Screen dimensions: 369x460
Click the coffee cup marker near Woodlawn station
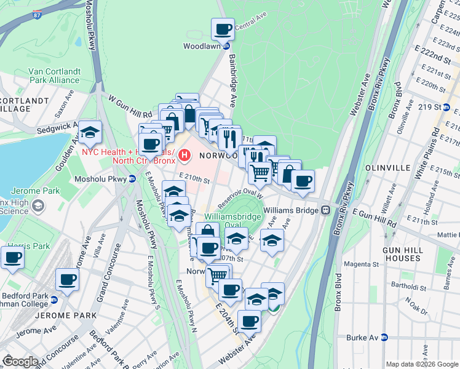coord(223,29)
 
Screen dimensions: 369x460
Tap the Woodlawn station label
coord(202,46)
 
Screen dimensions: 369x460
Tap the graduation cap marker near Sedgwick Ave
coord(90,132)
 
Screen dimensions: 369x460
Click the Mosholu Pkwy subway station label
coord(105,179)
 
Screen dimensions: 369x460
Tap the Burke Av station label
coord(363,337)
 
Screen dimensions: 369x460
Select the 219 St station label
coord(426,107)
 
